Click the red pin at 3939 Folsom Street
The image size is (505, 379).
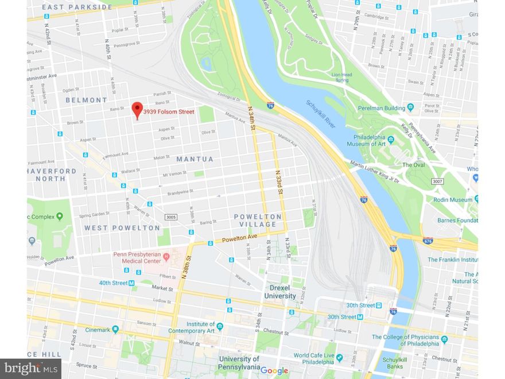tap(137, 110)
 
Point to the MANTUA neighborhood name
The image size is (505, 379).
tap(195, 159)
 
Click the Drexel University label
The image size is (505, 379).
tap(279, 292)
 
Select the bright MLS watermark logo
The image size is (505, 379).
tap(31, 369)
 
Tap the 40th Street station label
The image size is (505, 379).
tap(113, 283)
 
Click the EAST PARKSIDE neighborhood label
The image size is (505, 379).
tap(77, 7)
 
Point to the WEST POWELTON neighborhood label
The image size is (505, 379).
tap(122, 228)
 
